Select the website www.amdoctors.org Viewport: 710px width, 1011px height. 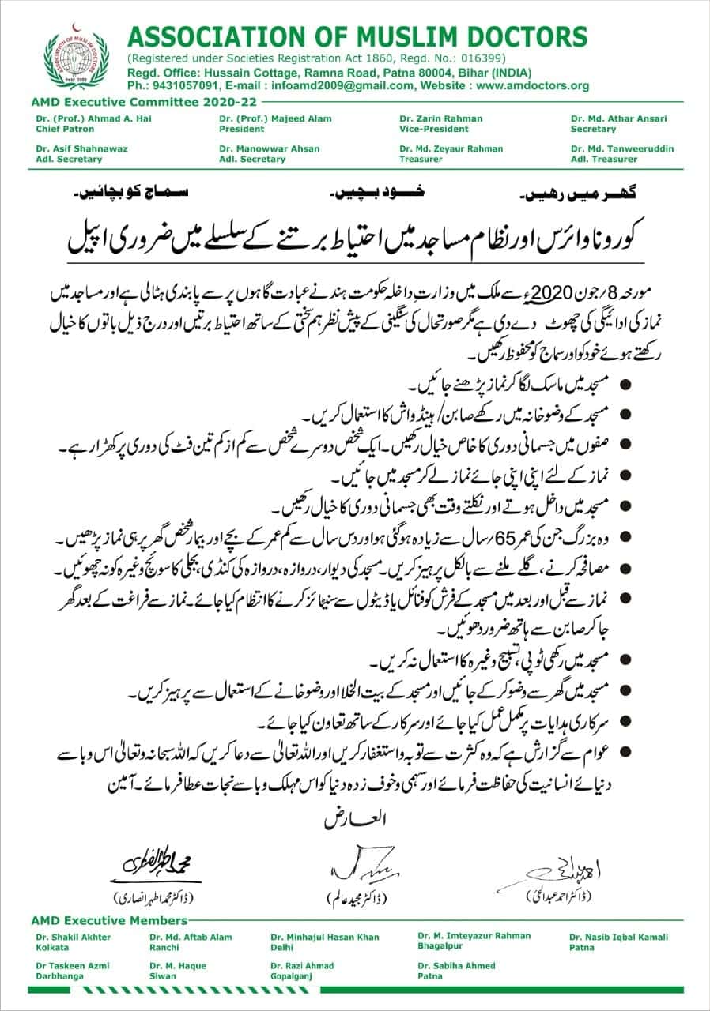(533, 86)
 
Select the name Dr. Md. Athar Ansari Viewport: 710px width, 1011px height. (619, 118)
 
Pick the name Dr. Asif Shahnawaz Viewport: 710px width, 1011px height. (81, 148)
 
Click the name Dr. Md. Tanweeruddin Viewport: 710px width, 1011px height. (623, 148)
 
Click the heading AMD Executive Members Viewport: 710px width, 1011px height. (110, 920)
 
